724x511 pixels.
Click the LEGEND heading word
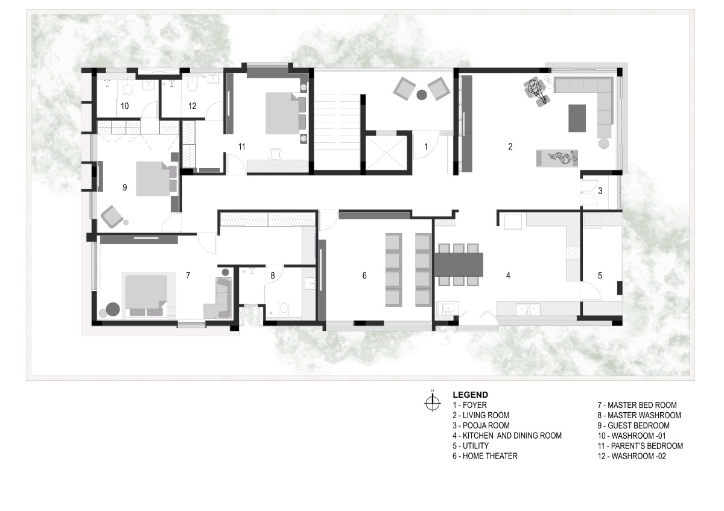click(470, 395)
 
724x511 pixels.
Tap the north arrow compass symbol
click(433, 403)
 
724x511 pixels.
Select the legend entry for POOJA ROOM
click(481, 425)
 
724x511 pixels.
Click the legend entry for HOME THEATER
click(485, 456)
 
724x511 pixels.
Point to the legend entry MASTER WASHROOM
click(639, 415)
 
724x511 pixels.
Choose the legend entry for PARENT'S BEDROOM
click(640, 446)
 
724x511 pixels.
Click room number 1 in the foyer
click(426, 147)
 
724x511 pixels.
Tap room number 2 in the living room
click(510, 147)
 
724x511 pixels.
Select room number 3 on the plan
click(600, 191)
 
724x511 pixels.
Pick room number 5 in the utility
click(600, 275)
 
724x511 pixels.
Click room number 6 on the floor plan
click(364, 275)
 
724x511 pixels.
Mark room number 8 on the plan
click(273, 276)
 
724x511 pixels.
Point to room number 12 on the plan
click(192, 106)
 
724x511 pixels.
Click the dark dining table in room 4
click(459, 265)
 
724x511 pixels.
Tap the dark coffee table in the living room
click(577, 118)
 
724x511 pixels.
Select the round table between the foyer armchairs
click(422, 95)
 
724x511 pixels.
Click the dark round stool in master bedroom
click(113, 309)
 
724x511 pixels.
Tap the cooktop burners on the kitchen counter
click(573, 252)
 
